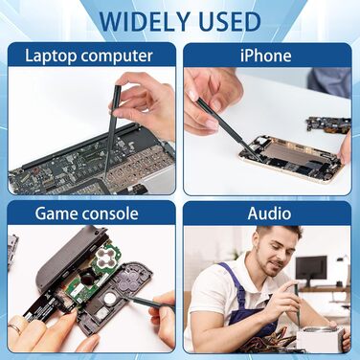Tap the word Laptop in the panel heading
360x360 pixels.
click(51, 56)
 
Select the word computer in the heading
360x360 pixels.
click(117, 56)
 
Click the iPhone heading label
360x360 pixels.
click(266, 56)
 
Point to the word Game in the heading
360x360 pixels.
click(54, 214)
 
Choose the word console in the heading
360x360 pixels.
click(108, 214)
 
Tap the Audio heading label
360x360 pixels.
click(269, 214)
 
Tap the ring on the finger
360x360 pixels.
click(15, 328)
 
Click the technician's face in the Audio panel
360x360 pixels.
click(273, 253)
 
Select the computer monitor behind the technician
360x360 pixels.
click(311, 269)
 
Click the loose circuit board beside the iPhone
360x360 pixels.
click(328, 124)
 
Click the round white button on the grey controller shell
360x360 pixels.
click(110, 299)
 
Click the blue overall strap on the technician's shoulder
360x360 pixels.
click(236, 281)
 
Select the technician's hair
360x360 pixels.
click(278, 232)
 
